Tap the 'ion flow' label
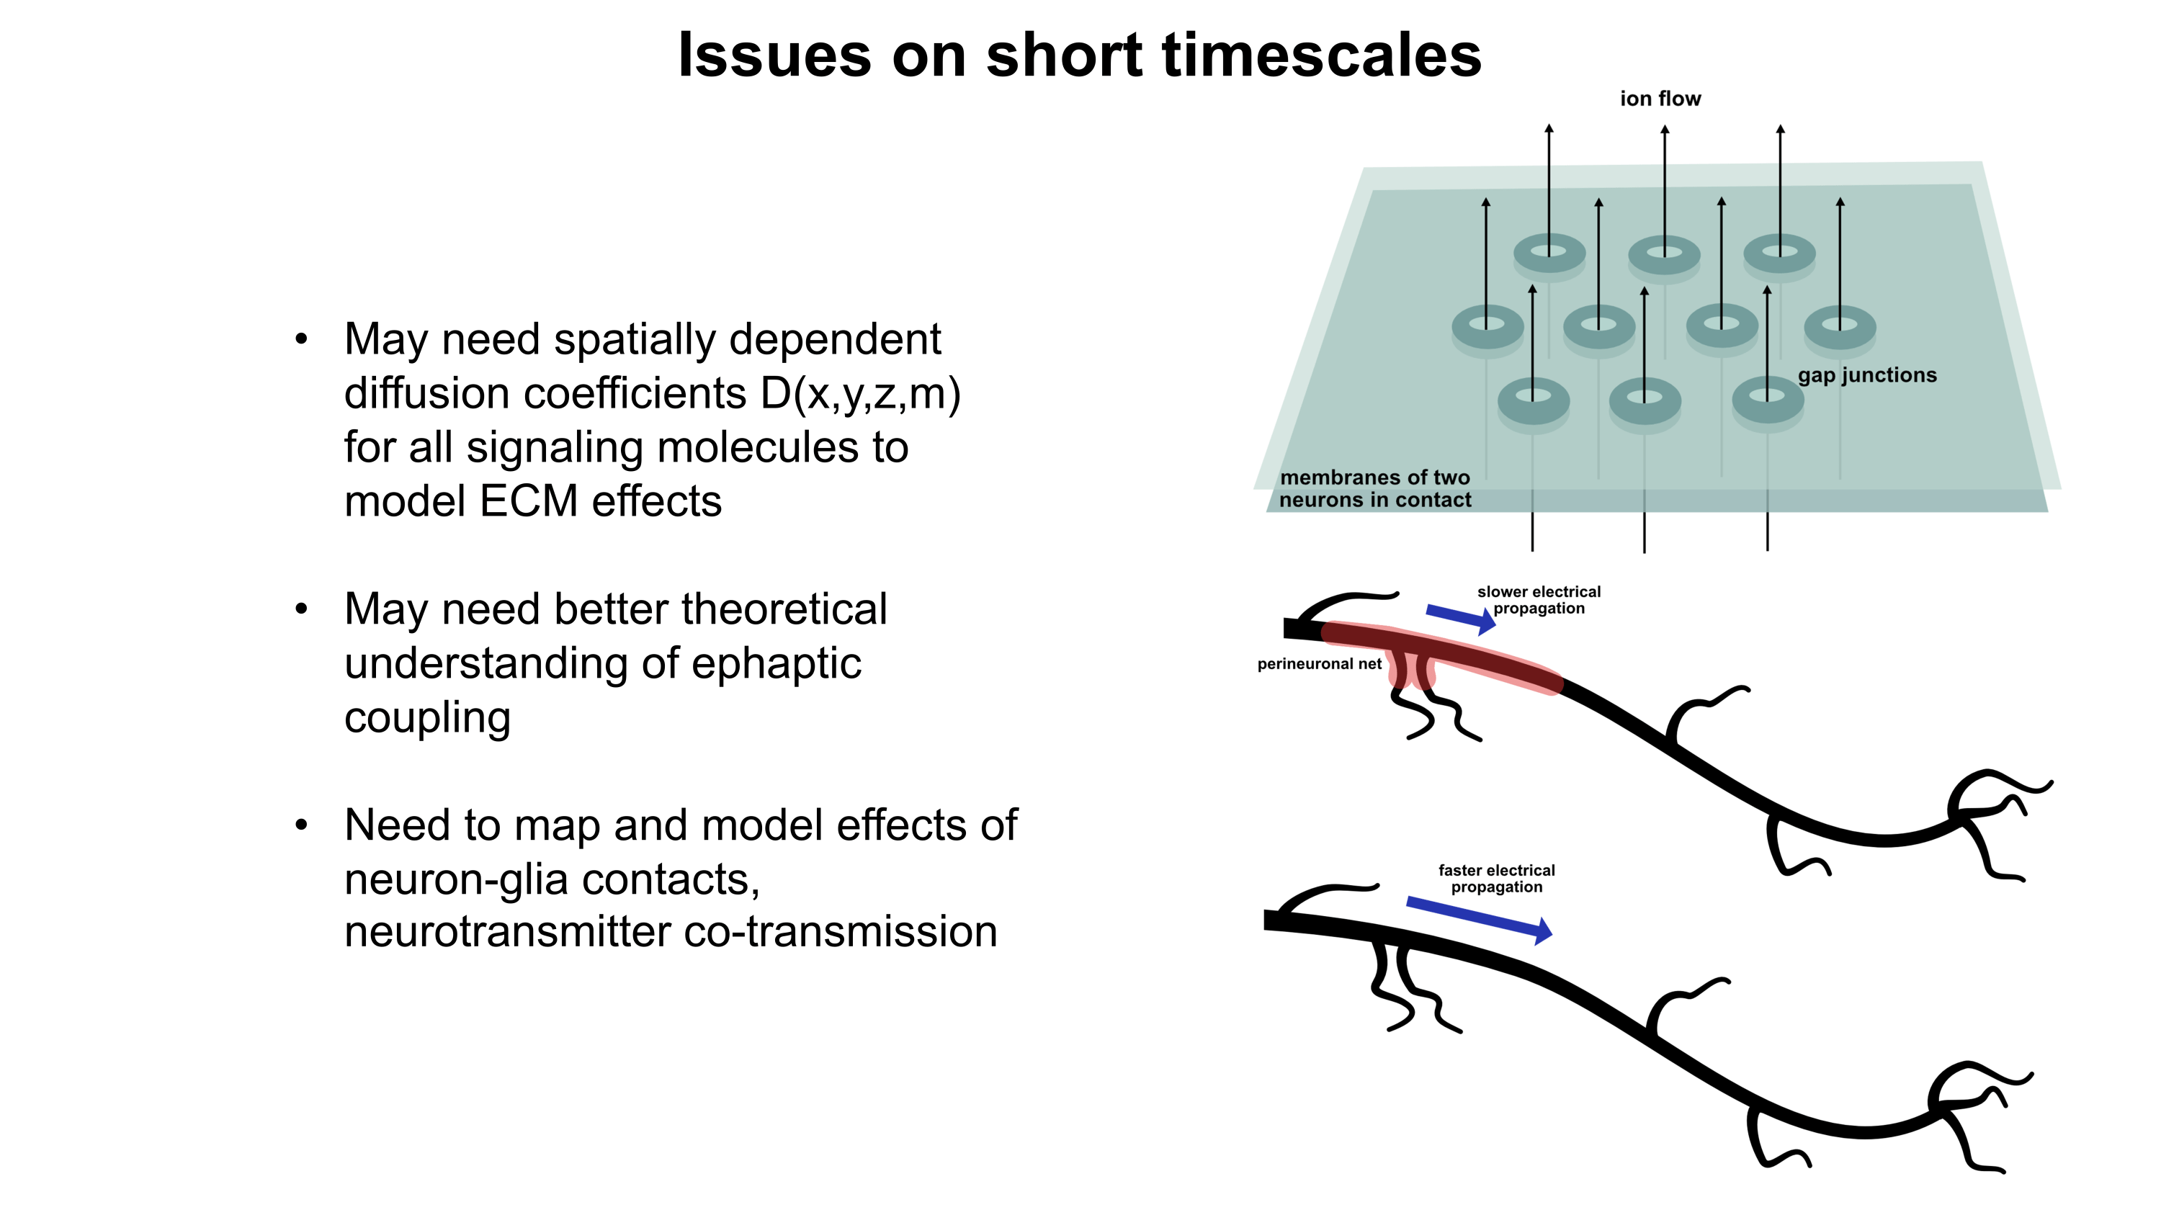coord(1660,99)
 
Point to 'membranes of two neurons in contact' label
coord(1375,489)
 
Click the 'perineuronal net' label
coord(1319,664)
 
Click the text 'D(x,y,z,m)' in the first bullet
coord(861,393)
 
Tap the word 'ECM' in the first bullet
coord(529,501)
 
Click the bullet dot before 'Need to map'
coord(301,825)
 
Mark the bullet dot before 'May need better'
coord(301,609)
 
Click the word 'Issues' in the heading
coord(774,55)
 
